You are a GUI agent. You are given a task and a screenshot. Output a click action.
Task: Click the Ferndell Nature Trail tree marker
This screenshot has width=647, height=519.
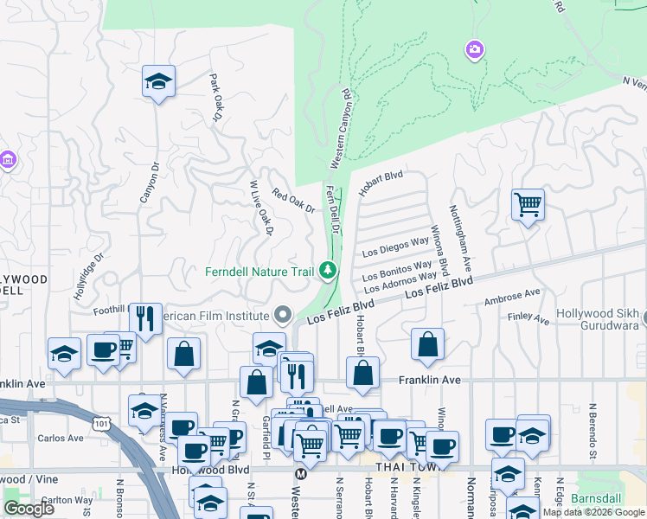click(x=328, y=271)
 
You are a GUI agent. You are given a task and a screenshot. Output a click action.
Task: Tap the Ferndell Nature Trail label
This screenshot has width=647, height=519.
click(x=259, y=272)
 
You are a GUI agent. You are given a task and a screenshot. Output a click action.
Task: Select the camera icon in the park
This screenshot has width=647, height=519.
click(x=474, y=49)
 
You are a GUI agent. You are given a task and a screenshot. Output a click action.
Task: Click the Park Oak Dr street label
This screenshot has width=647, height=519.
click(x=216, y=97)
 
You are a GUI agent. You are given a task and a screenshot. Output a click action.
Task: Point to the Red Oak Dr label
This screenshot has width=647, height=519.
click(x=293, y=201)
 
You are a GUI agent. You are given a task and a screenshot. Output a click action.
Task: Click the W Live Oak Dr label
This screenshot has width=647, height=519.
click(x=261, y=208)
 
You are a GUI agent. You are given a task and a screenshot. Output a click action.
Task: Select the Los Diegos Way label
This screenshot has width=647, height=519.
click(x=395, y=247)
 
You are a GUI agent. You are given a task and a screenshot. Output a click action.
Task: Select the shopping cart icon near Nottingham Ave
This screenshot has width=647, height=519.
click(x=528, y=205)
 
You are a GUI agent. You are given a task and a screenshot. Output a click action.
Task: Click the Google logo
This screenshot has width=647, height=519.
click(x=29, y=509)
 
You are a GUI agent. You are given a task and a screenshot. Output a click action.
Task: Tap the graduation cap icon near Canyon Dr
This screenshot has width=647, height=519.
click(x=158, y=82)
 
